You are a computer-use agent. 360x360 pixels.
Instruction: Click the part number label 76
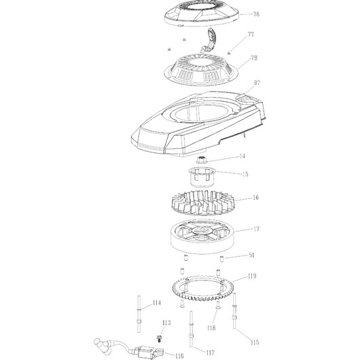(256, 14)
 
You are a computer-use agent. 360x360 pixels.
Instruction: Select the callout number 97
(257, 83)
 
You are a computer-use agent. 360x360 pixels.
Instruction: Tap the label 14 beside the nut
(242, 156)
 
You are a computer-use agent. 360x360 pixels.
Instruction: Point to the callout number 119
(252, 276)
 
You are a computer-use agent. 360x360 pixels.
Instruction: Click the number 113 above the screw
(166, 323)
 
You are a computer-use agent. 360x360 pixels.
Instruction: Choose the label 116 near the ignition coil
(179, 356)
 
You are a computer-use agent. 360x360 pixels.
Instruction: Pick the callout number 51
(251, 255)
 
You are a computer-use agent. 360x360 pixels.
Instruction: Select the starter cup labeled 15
(202, 177)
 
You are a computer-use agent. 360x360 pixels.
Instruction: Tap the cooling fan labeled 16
(203, 202)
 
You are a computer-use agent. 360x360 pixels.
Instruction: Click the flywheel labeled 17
(202, 236)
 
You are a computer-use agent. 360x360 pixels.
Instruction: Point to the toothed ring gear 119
(203, 296)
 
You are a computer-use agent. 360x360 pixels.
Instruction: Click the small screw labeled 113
(158, 338)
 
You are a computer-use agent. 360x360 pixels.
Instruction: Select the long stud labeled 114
(139, 314)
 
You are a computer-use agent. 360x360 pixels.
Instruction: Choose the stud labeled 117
(192, 329)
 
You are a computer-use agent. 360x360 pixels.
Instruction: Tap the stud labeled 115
(234, 311)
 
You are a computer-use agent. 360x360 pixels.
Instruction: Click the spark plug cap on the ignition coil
(101, 345)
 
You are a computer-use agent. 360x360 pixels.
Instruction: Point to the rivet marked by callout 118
(217, 304)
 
